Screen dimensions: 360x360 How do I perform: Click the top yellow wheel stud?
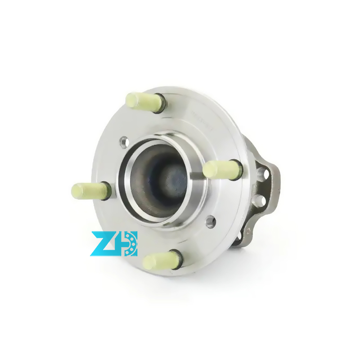click(143, 100)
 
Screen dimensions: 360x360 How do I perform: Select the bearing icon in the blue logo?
click(130, 243)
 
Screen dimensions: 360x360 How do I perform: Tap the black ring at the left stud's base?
click(106, 190)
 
